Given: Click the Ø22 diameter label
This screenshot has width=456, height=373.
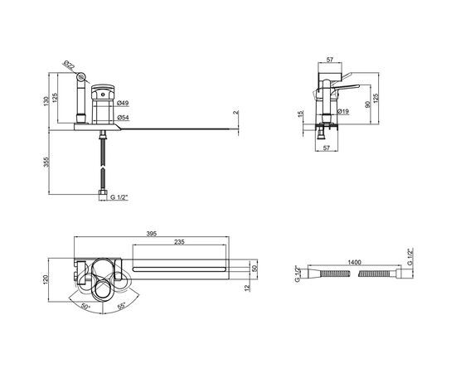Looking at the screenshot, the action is tap(69, 65).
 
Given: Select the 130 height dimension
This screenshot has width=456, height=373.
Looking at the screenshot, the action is tap(46, 101).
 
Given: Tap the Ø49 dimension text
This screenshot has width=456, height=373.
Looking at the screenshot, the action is tap(123, 103).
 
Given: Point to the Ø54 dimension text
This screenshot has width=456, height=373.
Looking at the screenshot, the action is tap(123, 118).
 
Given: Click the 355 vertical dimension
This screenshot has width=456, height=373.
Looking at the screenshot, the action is tap(46, 162).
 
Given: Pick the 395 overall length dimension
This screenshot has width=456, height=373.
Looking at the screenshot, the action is tap(152, 234).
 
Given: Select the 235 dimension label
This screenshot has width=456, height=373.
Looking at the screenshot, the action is tap(179, 242).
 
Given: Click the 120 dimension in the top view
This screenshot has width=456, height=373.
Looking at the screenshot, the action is tap(46, 280).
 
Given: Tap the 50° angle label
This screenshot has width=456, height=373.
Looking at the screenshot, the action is tap(85, 307).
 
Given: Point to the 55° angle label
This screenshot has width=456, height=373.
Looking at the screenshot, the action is tap(122, 306).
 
